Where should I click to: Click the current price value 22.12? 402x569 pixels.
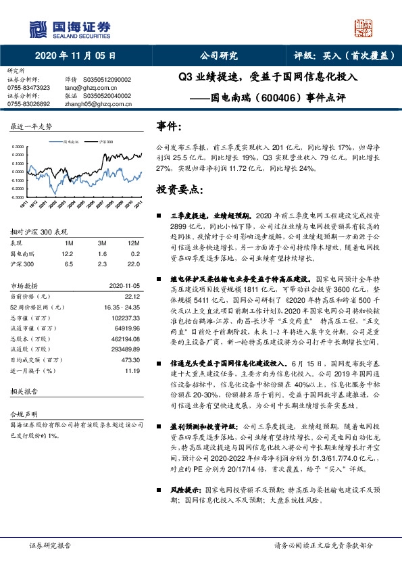tap(133, 295)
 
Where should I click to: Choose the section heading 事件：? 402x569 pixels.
tap(170, 126)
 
